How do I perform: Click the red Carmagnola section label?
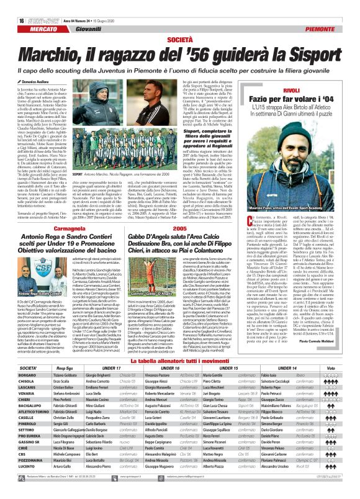(57, 229)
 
